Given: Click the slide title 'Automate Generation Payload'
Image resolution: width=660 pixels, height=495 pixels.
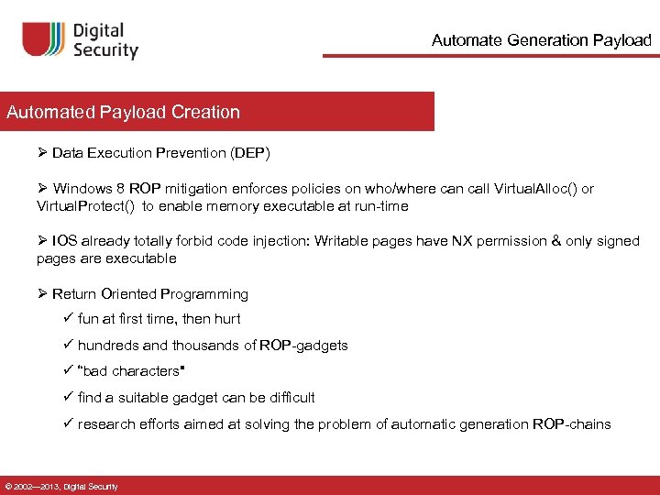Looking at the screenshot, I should coord(541,40).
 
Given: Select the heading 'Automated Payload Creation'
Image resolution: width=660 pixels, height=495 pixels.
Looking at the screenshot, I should coord(123,113).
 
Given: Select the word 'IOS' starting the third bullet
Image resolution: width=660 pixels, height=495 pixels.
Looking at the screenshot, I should coord(64,241).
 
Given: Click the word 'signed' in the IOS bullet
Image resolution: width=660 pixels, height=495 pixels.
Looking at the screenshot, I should coord(618,241).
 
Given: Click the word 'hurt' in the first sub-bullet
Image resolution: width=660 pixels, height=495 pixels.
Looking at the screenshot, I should coord(226,319).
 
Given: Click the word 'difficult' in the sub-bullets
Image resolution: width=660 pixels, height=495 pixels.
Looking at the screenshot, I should coord(286,398).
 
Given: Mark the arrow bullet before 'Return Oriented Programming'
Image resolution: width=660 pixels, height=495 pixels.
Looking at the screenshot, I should coord(42,294).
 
